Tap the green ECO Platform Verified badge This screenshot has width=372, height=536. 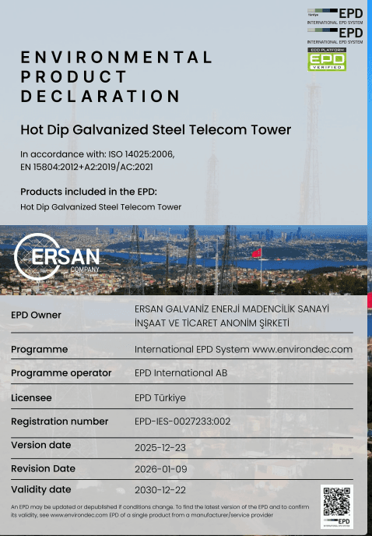coord(328,59)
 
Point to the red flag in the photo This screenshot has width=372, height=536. coord(256,253)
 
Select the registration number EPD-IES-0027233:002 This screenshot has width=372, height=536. coord(193,421)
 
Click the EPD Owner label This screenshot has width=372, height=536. coord(36,315)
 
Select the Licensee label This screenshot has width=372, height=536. coord(31,397)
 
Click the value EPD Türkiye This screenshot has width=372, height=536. coord(160,397)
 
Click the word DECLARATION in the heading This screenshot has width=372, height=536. coord(100,97)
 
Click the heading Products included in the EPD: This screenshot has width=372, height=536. coord(88,192)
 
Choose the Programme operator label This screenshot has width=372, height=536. coord(61,373)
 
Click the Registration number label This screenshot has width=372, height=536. coord(60,421)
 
